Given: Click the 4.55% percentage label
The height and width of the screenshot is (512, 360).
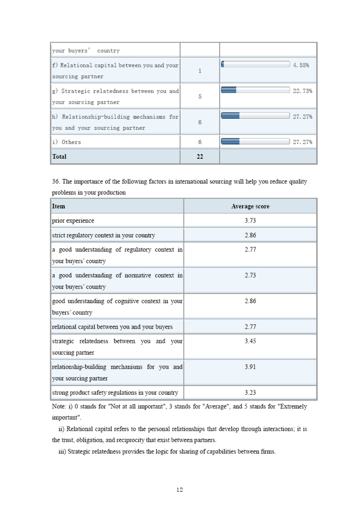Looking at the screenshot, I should [x=301, y=65].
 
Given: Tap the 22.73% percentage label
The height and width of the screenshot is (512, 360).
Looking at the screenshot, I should [x=302, y=91].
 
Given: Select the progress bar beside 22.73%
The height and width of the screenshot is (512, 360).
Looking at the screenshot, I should [x=255, y=90].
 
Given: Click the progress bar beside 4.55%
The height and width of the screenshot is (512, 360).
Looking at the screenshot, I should [x=255, y=64].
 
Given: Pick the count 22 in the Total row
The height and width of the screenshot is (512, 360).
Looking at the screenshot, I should [x=200, y=156].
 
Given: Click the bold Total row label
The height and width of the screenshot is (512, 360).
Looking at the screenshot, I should [x=59, y=156].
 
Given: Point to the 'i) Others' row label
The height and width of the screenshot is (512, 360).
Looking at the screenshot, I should [x=67, y=142].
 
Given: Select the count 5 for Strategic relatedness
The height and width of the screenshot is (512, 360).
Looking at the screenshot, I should [x=200, y=97].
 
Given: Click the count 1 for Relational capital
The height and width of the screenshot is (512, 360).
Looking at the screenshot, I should [x=200, y=71].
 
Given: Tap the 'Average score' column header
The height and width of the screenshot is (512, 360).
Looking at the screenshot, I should [x=250, y=206].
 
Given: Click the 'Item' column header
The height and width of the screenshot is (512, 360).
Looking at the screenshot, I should [x=58, y=206].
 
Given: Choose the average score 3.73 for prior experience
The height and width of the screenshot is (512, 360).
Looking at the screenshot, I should [x=250, y=221].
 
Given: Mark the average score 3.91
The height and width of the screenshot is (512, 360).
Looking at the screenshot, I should [x=250, y=367].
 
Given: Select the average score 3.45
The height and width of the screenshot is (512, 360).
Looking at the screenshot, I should [x=250, y=341].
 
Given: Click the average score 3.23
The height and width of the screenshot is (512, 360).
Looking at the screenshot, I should [x=250, y=392].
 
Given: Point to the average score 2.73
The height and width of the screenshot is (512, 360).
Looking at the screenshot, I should [x=250, y=275].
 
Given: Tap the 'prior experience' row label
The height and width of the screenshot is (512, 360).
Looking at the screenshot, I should [x=73, y=221].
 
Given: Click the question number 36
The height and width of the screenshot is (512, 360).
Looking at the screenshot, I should [x=56, y=182].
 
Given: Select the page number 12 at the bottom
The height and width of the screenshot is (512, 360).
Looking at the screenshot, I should [x=179, y=490].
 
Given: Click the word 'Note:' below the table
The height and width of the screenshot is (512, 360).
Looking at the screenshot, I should [x=59, y=406].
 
